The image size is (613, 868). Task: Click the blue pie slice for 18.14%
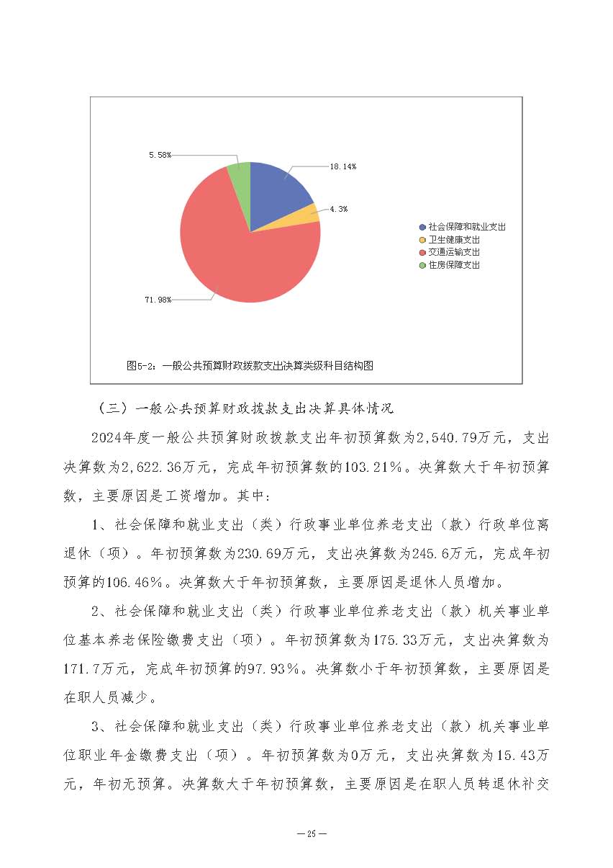point(277,191)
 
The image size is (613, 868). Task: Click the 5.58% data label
point(160,155)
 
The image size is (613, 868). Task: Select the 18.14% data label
point(343,166)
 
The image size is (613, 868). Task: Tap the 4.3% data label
point(339,209)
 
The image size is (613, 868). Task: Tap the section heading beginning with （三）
point(245,408)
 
